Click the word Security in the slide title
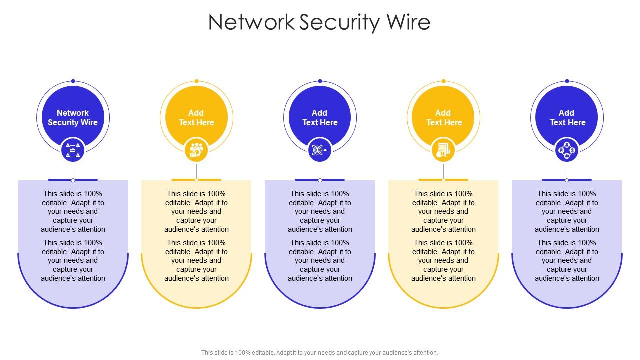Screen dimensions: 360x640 pyautogui.click(x=340, y=23)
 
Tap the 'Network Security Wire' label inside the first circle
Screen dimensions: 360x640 pyautogui.click(x=73, y=118)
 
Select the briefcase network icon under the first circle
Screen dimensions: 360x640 pyautogui.click(x=73, y=150)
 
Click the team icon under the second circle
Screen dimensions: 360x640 pyautogui.click(x=196, y=150)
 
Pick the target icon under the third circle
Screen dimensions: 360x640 pyautogui.click(x=320, y=150)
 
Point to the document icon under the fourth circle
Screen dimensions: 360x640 pyautogui.click(x=443, y=150)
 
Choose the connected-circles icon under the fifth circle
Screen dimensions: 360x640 pyautogui.click(x=567, y=150)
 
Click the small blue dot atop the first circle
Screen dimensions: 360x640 pyautogui.click(x=73, y=81)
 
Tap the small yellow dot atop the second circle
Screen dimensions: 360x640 pyautogui.click(x=196, y=81)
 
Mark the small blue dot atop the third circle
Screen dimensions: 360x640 pyautogui.click(x=320, y=81)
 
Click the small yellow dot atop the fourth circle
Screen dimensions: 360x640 pyautogui.click(x=443, y=81)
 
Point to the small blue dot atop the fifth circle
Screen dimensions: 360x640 pyautogui.click(x=567, y=81)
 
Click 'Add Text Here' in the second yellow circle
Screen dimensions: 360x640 pyautogui.click(x=196, y=118)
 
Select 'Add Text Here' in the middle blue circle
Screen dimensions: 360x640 pyautogui.click(x=320, y=118)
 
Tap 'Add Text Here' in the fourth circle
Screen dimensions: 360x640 pyautogui.click(x=443, y=118)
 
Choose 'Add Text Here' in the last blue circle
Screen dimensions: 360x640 pyautogui.click(x=567, y=118)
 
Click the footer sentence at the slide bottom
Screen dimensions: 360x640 pyautogui.click(x=320, y=353)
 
